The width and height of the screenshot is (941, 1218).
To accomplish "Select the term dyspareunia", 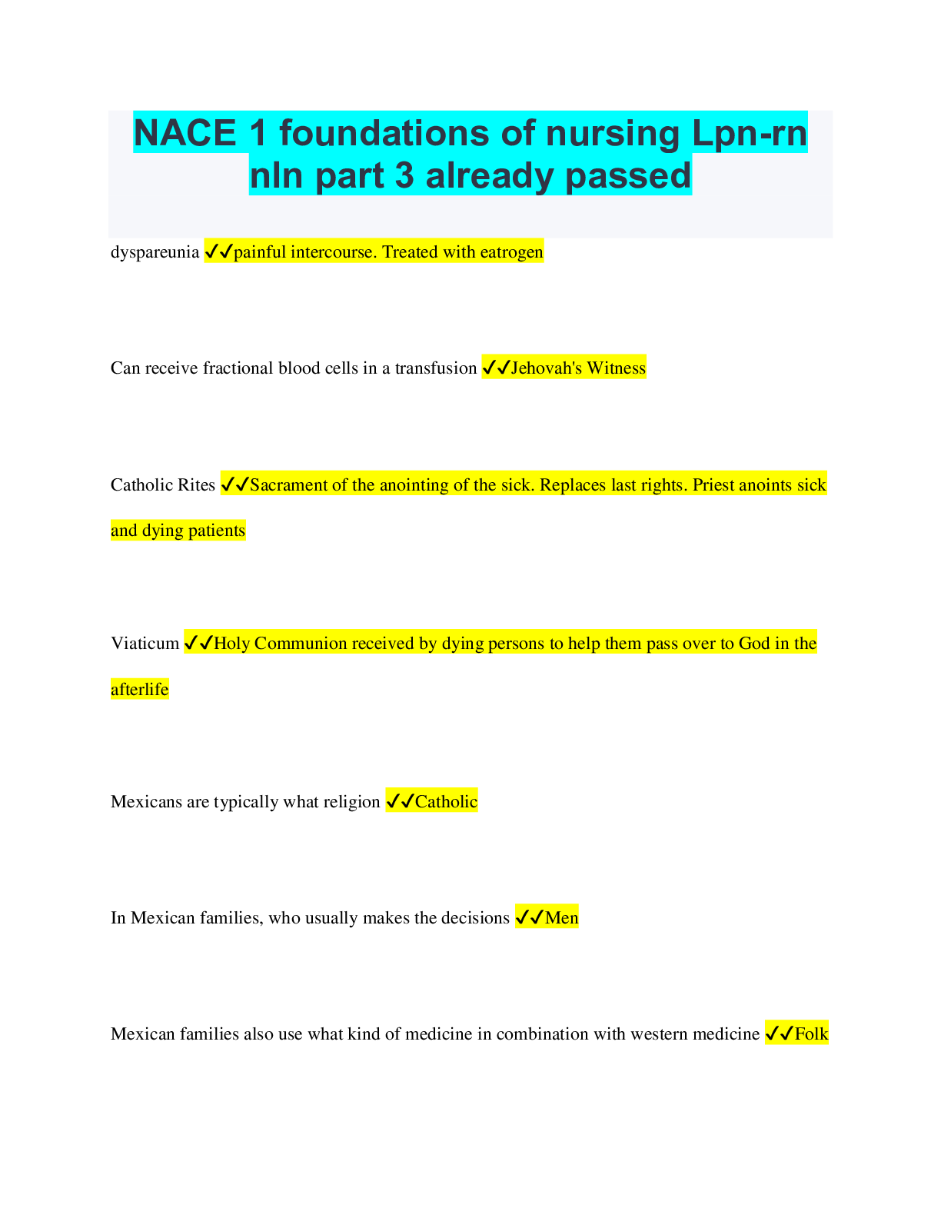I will point(155,252).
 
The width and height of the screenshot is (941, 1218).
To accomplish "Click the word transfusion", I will point(436,368).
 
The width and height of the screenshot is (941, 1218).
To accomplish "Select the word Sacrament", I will point(288,485).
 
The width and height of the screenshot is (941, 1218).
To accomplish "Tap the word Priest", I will point(714,485).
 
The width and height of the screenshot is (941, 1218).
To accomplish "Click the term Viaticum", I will point(145,644).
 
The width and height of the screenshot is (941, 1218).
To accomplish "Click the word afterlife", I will point(139,690).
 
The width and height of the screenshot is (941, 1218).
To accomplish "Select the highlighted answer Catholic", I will point(446,802).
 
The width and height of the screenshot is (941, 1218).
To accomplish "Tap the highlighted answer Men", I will point(561,918).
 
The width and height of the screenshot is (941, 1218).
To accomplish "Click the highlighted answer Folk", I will point(811,1034).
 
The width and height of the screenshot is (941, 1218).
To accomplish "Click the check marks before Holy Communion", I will point(199,644).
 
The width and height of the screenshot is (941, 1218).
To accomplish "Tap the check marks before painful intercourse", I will point(219,252).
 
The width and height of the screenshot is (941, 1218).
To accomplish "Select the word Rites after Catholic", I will point(197,485).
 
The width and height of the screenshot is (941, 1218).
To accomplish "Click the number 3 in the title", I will point(404,175).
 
